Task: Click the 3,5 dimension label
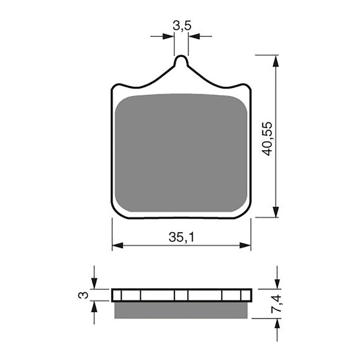pos(181,25)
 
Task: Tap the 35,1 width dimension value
pos(181,236)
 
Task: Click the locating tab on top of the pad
pos(181,63)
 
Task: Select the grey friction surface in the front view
pos(181,152)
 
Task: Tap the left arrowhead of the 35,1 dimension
pos(116,246)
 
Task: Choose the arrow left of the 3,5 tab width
pos(169,36)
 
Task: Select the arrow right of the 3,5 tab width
pos(192,36)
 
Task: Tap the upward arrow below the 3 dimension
pos(94,305)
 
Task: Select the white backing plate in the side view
pos(181,295)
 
